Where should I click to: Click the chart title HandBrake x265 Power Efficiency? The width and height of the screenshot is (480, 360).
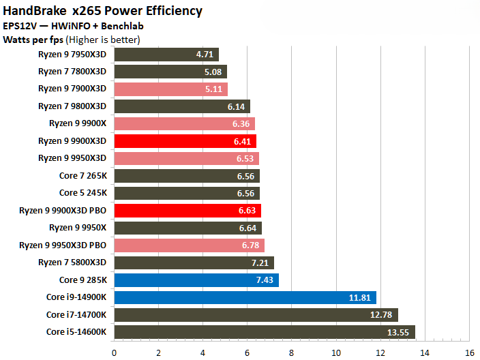point(102,11)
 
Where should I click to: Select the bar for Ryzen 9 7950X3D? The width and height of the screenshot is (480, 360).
point(166,54)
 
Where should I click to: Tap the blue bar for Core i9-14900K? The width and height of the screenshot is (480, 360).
point(245,297)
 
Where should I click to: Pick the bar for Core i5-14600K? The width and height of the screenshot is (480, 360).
point(265,331)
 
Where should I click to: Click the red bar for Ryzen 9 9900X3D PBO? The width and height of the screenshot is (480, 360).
point(187,210)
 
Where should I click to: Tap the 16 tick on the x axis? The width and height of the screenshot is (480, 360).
point(469,352)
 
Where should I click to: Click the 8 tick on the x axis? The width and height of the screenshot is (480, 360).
point(292,352)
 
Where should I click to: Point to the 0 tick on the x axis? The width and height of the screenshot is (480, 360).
point(115,352)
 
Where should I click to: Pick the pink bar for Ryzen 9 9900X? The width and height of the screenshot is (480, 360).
point(184,123)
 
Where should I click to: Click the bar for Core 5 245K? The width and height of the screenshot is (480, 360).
point(187,193)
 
